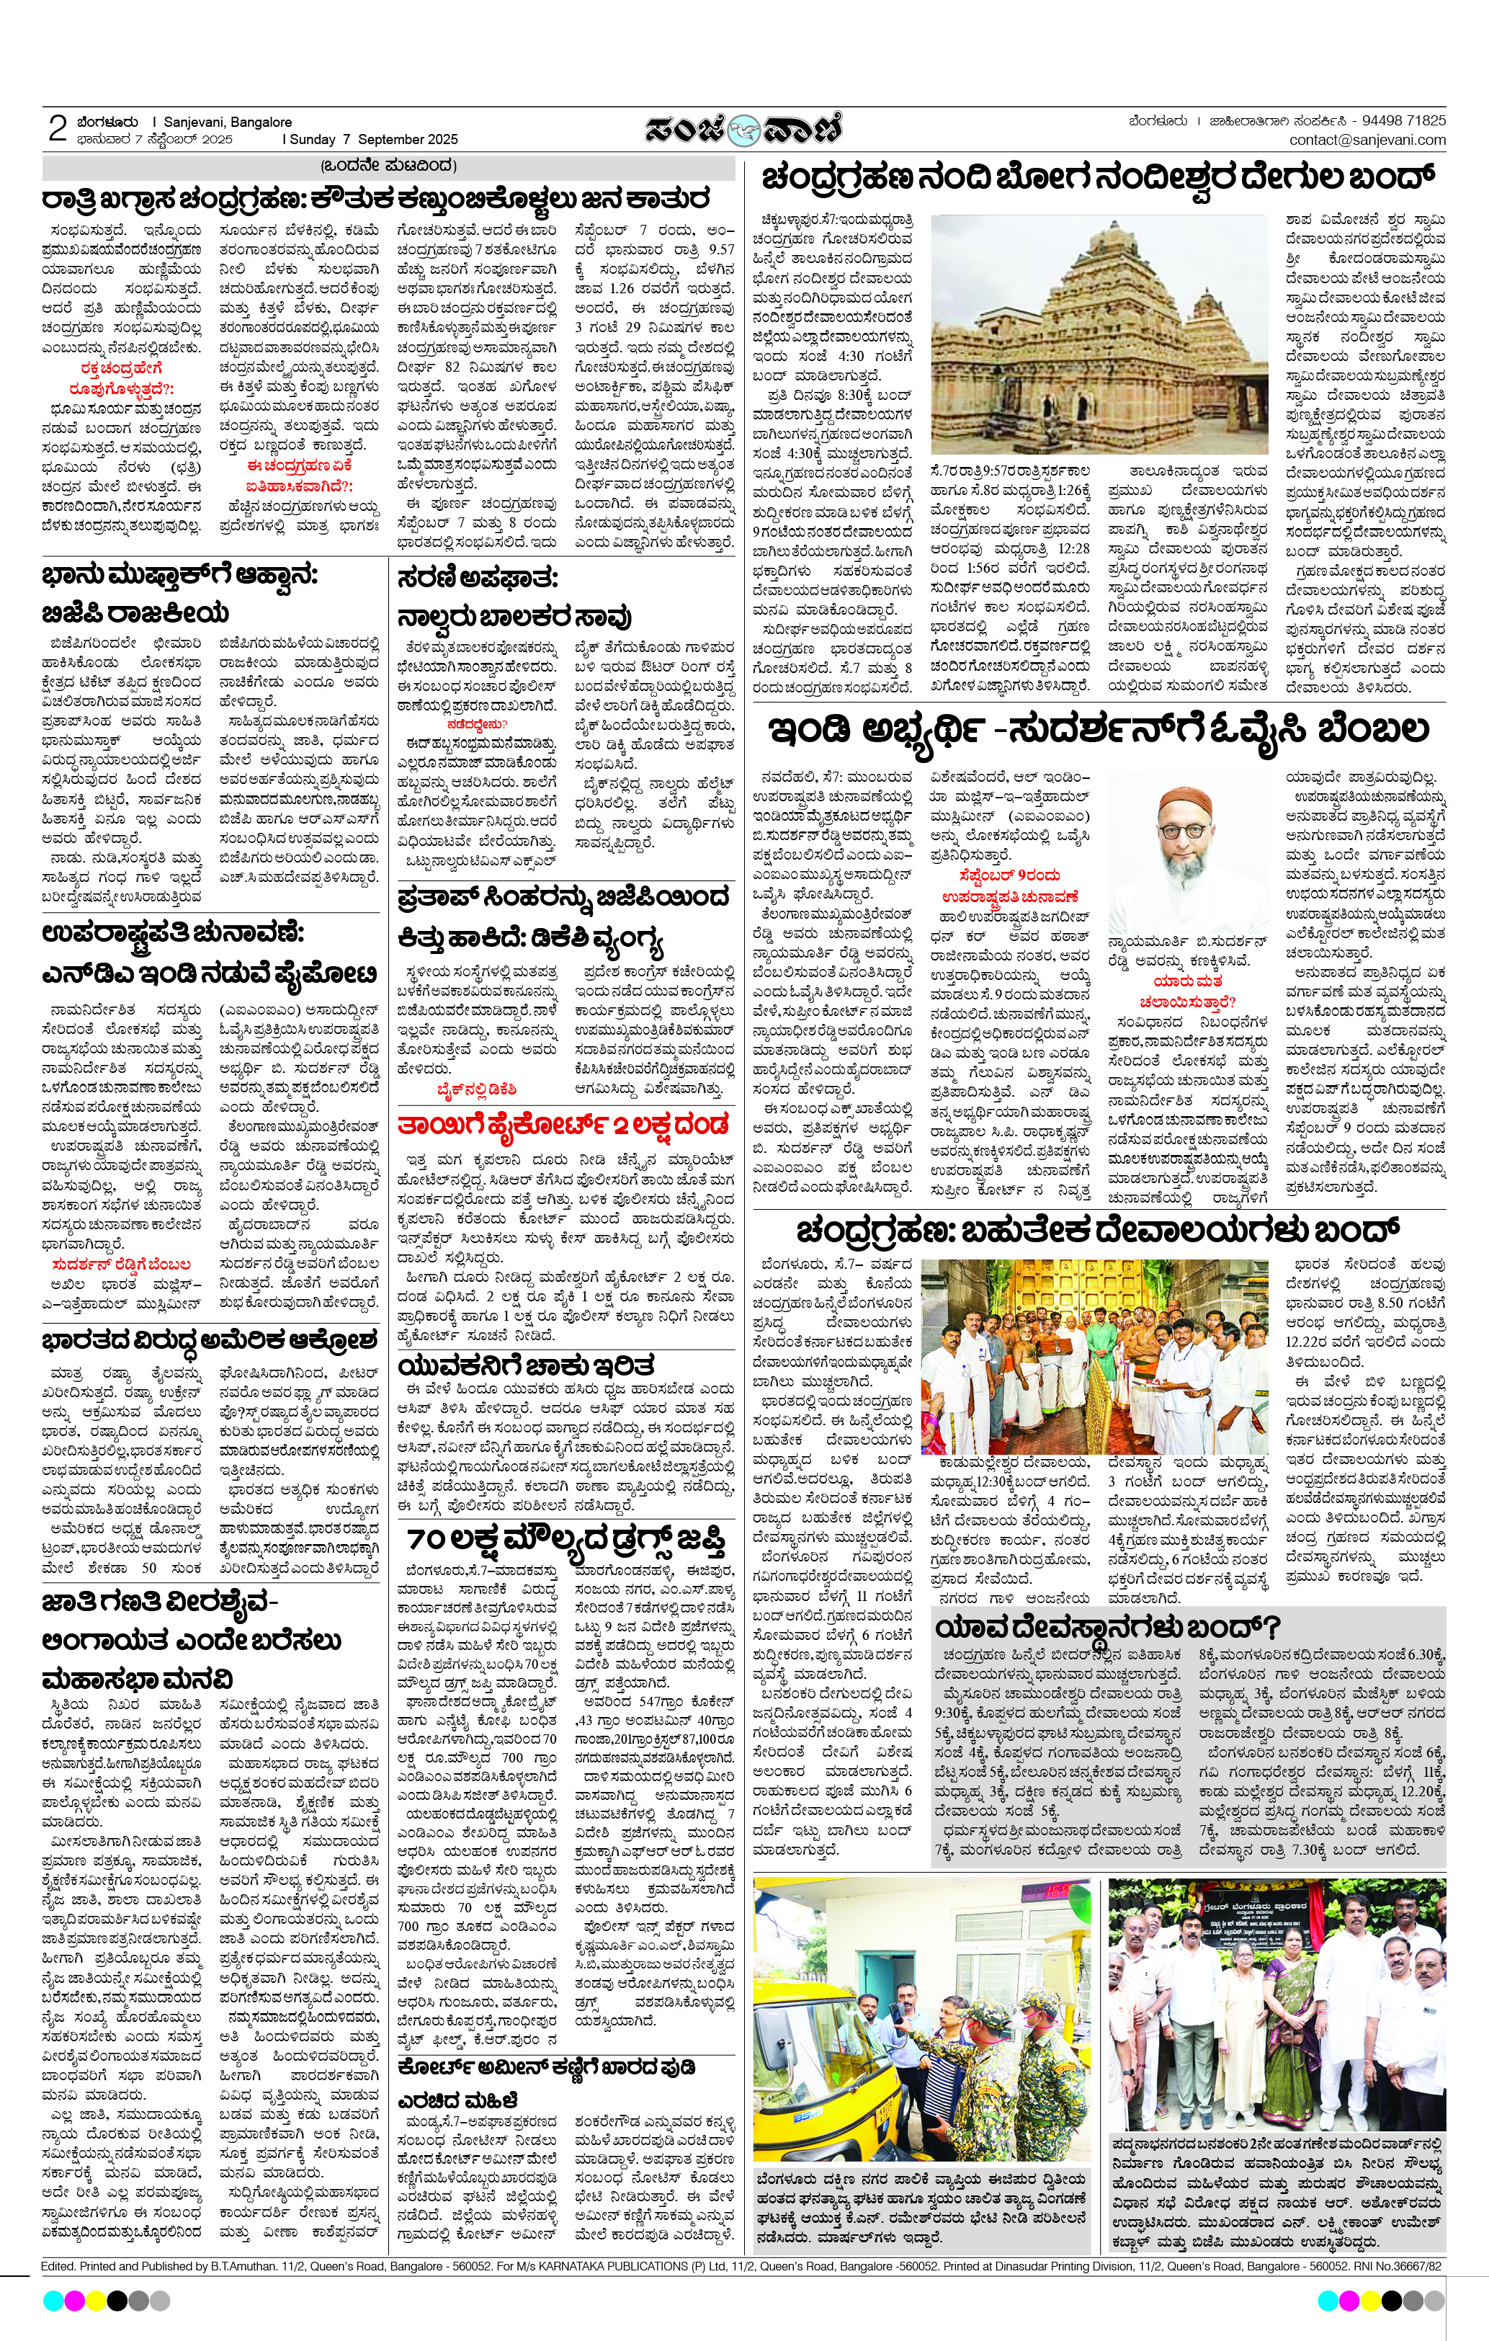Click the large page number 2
[58, 129]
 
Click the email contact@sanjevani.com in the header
[1367, 140]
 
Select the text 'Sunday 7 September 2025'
[372, 139]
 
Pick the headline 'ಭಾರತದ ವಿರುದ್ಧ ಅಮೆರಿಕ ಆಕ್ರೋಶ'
[209, 1341]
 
